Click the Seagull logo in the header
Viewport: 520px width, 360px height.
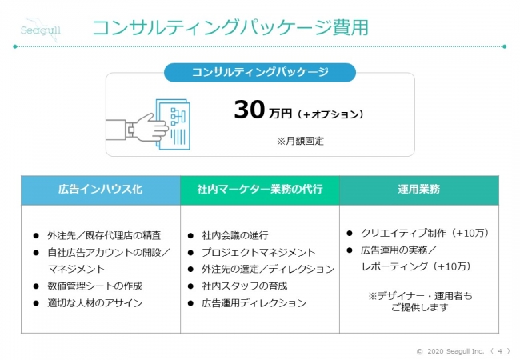pos(41,29)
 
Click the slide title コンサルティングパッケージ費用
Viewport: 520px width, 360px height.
pos(230,27)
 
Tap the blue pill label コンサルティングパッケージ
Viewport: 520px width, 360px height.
pos(260,72)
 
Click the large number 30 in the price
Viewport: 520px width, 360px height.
pos(250,110)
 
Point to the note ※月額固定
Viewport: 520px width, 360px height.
pos(300,142)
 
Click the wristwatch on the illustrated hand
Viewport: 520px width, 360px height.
pos(130,129)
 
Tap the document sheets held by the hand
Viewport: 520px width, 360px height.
pos(173,125)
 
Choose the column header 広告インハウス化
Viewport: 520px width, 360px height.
pos(101,190)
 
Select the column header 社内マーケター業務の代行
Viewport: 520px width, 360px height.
pos(260,190)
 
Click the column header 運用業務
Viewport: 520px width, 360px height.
pos(419,190)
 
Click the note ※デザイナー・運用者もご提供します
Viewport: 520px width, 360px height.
pos(420,302)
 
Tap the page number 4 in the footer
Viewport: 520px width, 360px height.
pos(500,351)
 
